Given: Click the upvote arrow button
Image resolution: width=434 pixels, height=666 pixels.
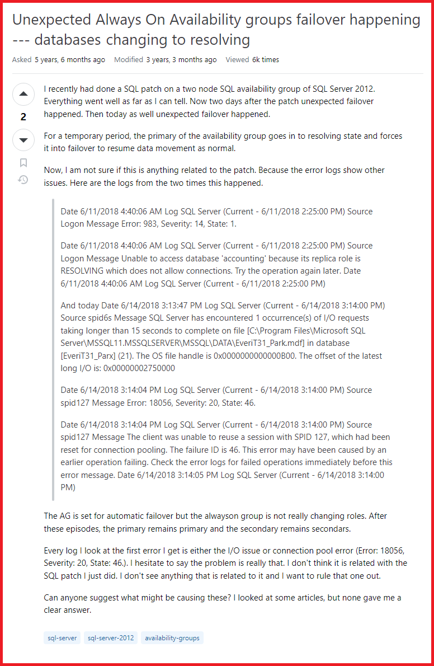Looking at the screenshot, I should (x=23, y=94).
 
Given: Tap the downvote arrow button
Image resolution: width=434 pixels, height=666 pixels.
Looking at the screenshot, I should (x=23, y=140).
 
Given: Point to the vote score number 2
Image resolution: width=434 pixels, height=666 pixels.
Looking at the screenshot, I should (x=23, y=117).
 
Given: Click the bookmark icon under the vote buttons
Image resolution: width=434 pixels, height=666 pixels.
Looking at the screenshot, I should (x=23, y=163).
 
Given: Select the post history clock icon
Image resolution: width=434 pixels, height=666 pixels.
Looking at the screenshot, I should (x=23, y=180).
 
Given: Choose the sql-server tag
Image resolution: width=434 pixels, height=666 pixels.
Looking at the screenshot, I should (x=62, y=637).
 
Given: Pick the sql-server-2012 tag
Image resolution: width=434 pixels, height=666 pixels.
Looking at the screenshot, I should (x=111, y=637).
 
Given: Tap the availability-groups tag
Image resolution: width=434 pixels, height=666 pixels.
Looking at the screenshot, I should (x=172, y=637).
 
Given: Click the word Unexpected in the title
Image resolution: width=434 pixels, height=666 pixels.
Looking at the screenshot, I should (x=49, y=20).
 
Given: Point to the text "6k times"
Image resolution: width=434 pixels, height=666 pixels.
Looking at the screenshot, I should (x=266, y=60).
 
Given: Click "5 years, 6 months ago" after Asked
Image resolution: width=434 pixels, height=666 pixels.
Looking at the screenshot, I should (x=70, y=60).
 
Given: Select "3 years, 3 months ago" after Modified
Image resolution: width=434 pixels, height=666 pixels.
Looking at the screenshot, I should (x=182, y=60).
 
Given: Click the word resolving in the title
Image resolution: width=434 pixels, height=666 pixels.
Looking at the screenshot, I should (x=216, y=40).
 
